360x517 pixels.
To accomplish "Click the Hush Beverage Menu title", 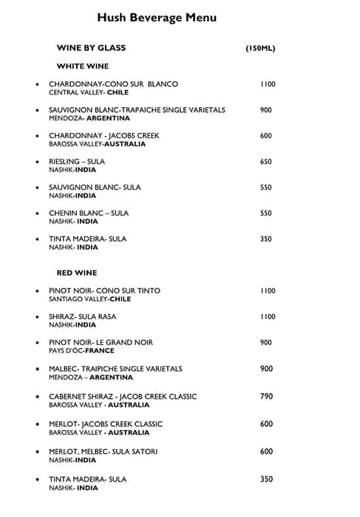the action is [x=157, y=18].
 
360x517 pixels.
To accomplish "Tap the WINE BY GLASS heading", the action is [x=91, y=48].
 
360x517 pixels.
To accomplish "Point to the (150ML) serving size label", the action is [x=260, y=49].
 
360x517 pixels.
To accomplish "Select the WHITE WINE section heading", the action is [x=82, y=66].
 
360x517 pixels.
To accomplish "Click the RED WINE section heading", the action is [x=77, y=273].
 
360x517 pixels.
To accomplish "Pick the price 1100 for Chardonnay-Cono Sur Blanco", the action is [x=268, y=84].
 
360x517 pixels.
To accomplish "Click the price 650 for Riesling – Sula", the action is [x=266, y=162].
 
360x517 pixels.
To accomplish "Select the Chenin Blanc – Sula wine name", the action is [x=89, y=213].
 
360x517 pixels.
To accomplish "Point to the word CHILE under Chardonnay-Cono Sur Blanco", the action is [x=118, y=93].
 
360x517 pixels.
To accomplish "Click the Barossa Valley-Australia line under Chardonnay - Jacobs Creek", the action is [x=86, y=144].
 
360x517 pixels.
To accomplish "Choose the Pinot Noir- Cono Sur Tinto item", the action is [x=104, y=291].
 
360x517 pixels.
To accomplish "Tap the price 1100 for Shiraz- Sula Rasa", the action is [x=268, y=317].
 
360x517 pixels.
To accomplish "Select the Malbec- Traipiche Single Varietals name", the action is [x=115, y=369].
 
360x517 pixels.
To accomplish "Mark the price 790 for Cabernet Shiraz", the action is [x=267, y=397].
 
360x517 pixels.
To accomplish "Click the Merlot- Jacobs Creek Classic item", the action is [x=106, y=424].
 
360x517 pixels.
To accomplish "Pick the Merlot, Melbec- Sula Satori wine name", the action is [x=103, y=451].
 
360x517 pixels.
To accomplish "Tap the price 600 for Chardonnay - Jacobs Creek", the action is [x=266, y=136].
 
